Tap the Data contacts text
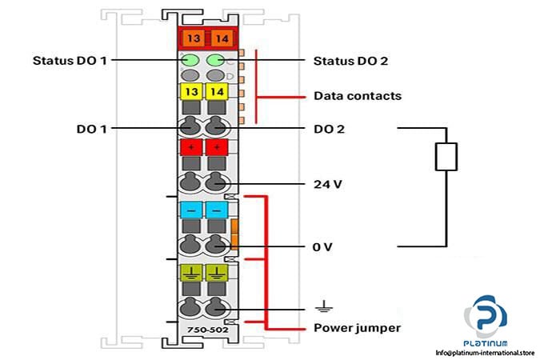click(356, 97)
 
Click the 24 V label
click(326, 184)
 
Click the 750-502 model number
click(202, 329)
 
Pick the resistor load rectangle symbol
click(446, 156)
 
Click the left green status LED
click(191, 60)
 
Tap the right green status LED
click(214, 60)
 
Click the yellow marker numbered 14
click(214, 93)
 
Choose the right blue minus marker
click(214, 210)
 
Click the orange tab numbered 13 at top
click(192, 37)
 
